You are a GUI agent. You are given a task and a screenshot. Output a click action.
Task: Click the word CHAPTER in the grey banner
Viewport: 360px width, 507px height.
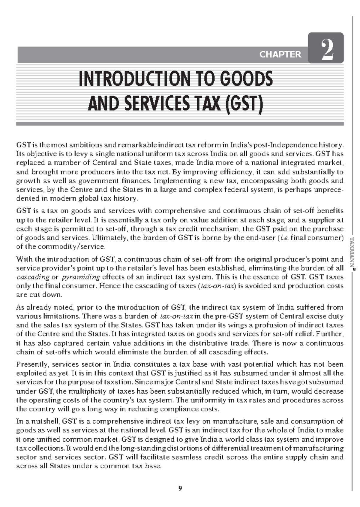click(280, 55)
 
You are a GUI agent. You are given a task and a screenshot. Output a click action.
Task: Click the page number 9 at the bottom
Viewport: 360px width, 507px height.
click(180, 488)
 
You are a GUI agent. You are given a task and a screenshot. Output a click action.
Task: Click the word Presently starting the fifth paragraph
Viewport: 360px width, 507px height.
click(32, 365)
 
